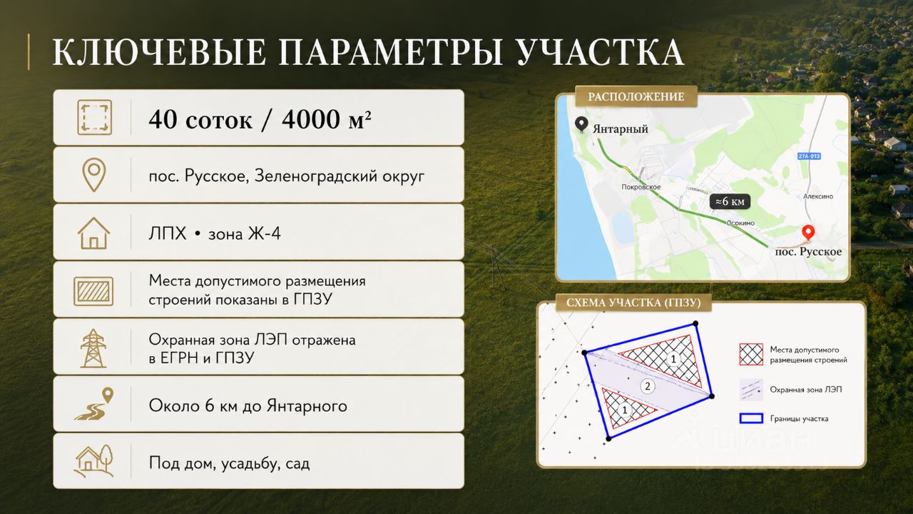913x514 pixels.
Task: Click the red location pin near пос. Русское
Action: pyautogui.click(x=808, y=233)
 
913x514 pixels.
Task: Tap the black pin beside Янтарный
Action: pyautogui.click(x=581, y=124)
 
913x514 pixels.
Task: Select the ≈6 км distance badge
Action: pyautogui.click(x=730, y=201)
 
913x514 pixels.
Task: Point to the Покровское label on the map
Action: pyautogui.click(x=641, y=187)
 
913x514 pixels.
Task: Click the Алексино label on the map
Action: pyautogui.click(x=818, y=196)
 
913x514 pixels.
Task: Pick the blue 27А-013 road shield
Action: pyautogui.click(x=809, y=156)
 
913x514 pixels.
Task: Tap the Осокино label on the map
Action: pyautogui.click(x=740, y=223)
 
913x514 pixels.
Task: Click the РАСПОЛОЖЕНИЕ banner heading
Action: pyautogui.click(x=636, y=97)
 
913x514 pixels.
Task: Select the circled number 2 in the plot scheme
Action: pyautogui.click(x=647, y=386)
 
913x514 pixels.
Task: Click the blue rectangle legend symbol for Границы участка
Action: pyautogui.click(x=751, y=418)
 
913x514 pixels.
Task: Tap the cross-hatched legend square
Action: pyautogui.click(x=751, y=355)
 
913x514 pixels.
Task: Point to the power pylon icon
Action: pyautogui.click(x=93, y=348)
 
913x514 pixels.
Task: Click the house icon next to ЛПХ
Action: pyautogui.click(x=93, y=233)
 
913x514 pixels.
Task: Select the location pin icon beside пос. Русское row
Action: pyautogui.click(x=93, y=176)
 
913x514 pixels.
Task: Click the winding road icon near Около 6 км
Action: pyautogui.click(x=94, y=404)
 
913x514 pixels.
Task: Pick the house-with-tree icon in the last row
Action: pyautogui.click(x=93, y=461)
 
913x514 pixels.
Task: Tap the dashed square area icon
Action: pyautogui.click(x=95, y=118)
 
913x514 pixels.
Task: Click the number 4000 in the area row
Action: pyautogui.click(x=310, y=119)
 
